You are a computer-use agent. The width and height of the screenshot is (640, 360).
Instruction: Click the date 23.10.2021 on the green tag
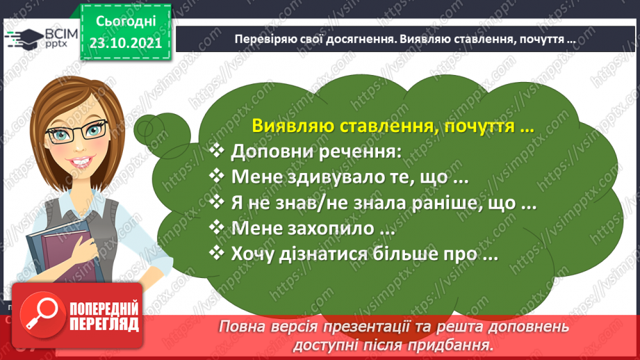(x=126, y=43)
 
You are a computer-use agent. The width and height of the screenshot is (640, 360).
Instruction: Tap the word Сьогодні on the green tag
(x=126, y=22)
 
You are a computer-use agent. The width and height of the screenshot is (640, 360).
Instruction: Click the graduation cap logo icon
(x=24, y=39)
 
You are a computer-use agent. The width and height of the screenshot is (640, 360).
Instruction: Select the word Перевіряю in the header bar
(x=263, y=39)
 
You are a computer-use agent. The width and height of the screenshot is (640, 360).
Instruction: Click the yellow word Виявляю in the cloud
(x=293, y=126)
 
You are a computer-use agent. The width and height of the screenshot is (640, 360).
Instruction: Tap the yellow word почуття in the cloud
(x=479, y=126)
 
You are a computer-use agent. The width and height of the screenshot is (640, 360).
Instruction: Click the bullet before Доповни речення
(x=217, y=151)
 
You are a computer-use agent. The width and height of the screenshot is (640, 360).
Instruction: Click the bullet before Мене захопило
(x=217, y=227)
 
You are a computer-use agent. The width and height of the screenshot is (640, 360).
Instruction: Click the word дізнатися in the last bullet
(x=313, y=254)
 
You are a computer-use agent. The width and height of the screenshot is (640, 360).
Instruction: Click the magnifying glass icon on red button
(x=42, y=315)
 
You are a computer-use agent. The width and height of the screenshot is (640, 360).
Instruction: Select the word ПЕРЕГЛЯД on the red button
(x=104, y=325)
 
